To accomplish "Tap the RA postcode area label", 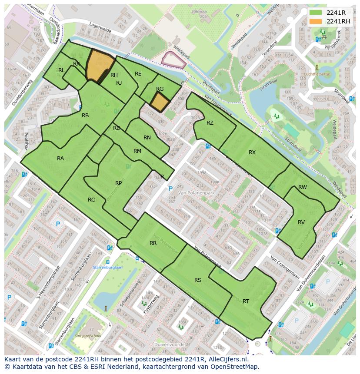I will pyautogui.click(x=60, y=159).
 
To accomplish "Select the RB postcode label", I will pyautogui.click(x=85, y=116).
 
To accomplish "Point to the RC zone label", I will pyautogui.click(x=91, y=200).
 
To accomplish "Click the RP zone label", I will pyautogui.click(x=118, y=183).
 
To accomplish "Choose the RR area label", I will pyautogui.click(x=153, y=243).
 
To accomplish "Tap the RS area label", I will pyautogui.click(x=198, y=280).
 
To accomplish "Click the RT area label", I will pyautogui.click(x=246, y=301).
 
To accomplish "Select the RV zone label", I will pyautogui.click(x=301, y=222).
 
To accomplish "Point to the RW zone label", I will pyautogui.click(x=303, y=187).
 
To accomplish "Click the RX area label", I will pyautogui.click(x=252, y=152).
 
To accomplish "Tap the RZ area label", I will pyautogui.click(x=210, y=123).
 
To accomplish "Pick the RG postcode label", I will pyautogui.click(x=160, y=89).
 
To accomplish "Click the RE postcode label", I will pyautogui.click(x=138, y=74).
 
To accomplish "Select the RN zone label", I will pyautogui.click(x=147, y=138).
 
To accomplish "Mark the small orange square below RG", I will pyautogui.click(x=160, y=103).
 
